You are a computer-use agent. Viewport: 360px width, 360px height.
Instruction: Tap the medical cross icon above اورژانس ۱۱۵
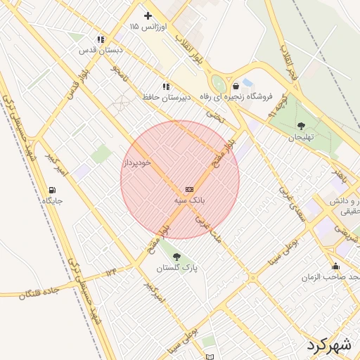click(148, 15)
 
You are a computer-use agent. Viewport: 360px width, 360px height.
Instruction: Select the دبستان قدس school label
click(101, 50)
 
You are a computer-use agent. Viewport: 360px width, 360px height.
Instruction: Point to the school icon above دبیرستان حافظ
click(165, 86)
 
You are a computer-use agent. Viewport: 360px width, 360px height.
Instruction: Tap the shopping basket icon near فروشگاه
click(245, 86)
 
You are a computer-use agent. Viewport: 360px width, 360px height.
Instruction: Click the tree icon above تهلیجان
click(302, 126)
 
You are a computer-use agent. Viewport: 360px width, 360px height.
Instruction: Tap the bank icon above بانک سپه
click(189, 189)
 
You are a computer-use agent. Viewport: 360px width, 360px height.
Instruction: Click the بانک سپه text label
click(190, 200)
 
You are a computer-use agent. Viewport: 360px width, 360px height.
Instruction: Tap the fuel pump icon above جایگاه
click(52, 190)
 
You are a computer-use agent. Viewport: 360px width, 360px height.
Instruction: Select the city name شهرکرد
click(328, 345)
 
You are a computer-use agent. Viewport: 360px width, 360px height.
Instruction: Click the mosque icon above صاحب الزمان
click(335, 266)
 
